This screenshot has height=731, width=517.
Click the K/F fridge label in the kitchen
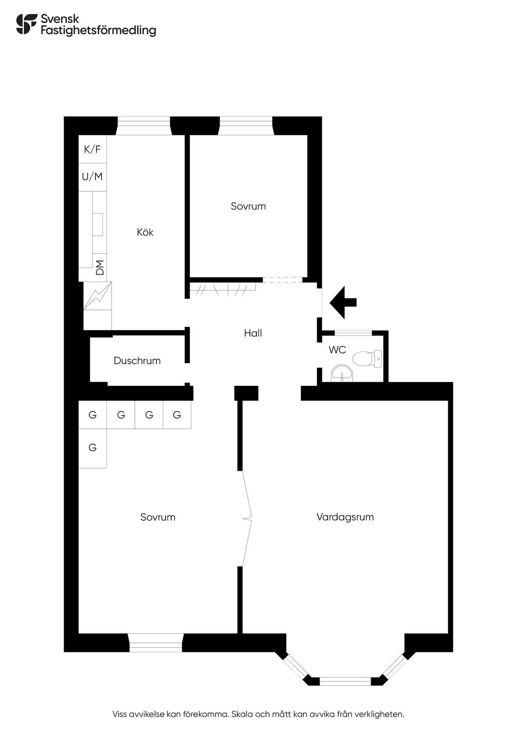coord(92,149)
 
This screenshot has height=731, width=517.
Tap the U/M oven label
coord(92,177)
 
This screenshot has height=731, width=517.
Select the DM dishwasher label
coord(100,267)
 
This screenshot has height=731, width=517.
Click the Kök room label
coord(145,232)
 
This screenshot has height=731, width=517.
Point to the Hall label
coord(253,333)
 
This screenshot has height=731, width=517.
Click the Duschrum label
coord(137,360)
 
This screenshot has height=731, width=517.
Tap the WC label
coord(337,350)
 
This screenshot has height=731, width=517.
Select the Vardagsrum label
coord(345,517)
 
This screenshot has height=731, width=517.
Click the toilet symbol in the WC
coord(367,358)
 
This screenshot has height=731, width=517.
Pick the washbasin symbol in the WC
coord(342,374)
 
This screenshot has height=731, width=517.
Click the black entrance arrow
coord(343,302)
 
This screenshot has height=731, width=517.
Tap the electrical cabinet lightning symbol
coord(97,296)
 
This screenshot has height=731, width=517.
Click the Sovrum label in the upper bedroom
coord(248,206)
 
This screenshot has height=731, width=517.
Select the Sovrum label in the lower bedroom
coord(158,517)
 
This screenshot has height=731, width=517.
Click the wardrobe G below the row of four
coord(92,447)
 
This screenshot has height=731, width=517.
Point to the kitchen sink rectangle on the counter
coord(97,224)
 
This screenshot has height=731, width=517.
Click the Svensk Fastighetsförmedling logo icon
coord(26,24)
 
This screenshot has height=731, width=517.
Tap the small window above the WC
coord(353,333)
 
